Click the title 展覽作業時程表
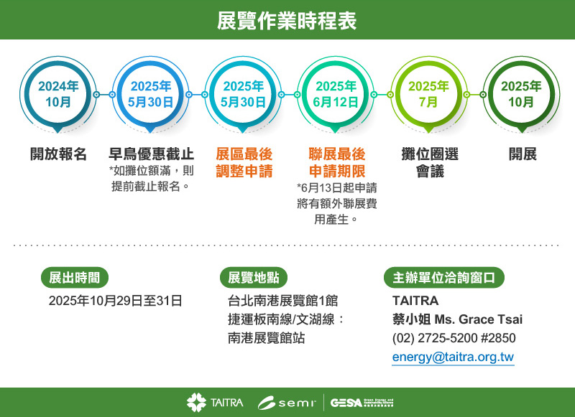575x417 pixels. [x=287, y=20]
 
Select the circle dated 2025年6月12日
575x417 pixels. [x=336, y=94]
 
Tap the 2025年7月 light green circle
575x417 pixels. [x=428, y=94]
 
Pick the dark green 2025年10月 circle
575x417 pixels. [x=521, y=94]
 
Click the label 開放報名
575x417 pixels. [x=58, y=154]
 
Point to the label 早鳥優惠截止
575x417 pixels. [x=151, y=154]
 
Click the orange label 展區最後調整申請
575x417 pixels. [x=244, y=163]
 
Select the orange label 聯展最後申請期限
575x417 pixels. [x=336, y=163]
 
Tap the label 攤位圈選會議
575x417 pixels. [x=429, y=163]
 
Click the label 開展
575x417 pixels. [x=523, y=154]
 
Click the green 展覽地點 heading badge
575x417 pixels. [x=253, y=278]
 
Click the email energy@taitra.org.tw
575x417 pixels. [x=453, y=357]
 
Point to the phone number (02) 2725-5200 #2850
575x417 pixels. [x=454, y=338]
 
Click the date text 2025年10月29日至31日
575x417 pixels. [x=115, y=301]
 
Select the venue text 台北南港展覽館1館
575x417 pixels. [x=282, y=301]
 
